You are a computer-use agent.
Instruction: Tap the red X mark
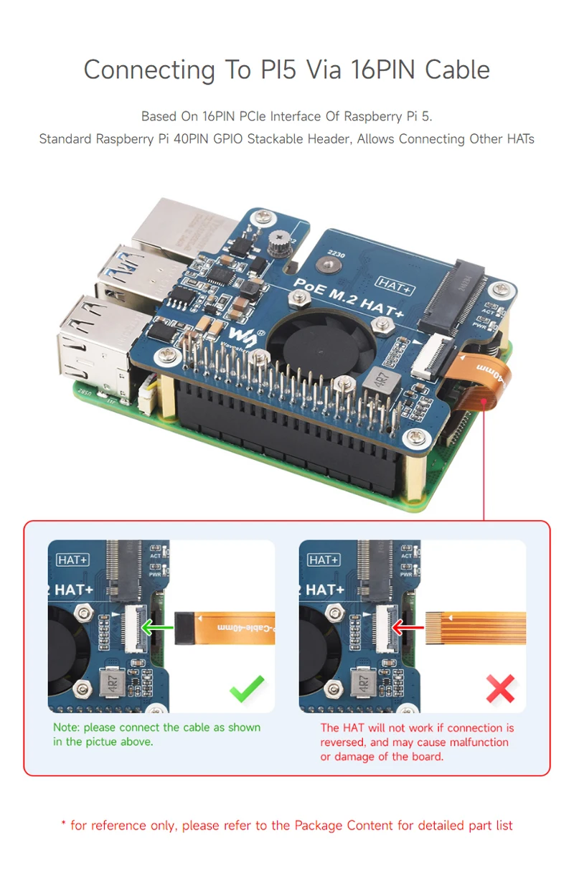[500, 689]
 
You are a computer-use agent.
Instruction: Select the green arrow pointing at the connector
[157, 628]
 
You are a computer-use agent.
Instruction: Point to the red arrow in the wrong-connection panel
[407, 628]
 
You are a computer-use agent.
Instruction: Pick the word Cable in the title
[457, 70]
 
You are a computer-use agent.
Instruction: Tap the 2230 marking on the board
[336, 253]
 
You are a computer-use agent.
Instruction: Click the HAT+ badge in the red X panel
[324, 560]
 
